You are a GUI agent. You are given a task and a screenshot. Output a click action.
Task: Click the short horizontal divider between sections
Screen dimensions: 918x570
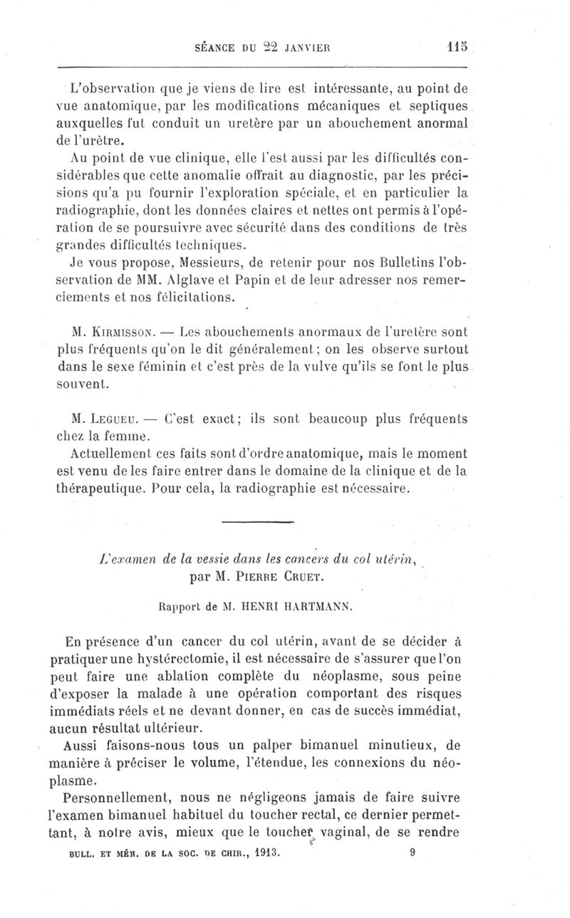pos(258,523)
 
